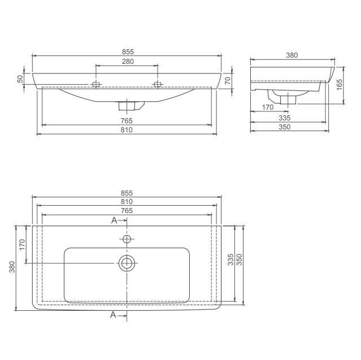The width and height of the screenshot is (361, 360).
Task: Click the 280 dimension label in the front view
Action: [128, 61]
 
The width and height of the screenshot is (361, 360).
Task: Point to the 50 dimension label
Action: [20, 79]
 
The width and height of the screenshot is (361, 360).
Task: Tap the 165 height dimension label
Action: [340, 85]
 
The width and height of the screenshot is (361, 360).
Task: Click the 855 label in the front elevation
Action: [128, 51]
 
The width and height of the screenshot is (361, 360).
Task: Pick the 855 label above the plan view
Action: [127, 193]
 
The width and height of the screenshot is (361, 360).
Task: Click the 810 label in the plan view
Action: [127, 202]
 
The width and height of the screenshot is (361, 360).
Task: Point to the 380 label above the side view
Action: [292, 55]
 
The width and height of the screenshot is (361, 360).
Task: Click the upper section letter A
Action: [114, 220]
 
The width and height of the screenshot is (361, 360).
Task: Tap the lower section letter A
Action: [114, 314]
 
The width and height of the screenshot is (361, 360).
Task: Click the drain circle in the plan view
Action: [127, 263]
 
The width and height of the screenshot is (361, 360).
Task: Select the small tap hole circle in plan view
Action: [127, 239]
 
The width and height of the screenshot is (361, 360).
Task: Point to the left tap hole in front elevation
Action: [96, 85]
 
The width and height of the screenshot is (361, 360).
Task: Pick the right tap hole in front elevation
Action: [158, 85]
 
